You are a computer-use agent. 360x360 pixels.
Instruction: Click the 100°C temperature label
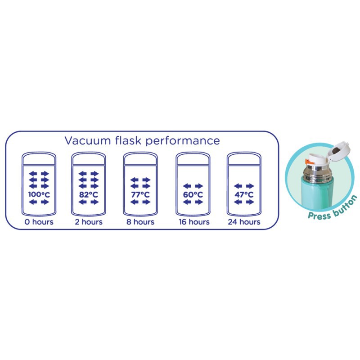39,195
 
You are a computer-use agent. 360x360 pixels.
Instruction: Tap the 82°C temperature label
88,195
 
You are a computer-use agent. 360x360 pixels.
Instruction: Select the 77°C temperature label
140,195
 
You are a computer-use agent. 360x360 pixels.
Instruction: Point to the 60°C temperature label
193,195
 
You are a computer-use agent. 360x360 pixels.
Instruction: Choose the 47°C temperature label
244,195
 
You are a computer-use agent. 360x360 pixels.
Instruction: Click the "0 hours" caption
39,222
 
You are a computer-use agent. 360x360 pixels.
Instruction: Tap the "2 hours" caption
88,222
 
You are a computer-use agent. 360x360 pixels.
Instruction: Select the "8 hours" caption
140,222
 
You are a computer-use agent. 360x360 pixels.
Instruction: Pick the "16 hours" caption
193,222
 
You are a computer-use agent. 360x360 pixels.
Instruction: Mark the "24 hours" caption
244,222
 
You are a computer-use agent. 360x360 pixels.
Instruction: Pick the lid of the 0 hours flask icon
39,159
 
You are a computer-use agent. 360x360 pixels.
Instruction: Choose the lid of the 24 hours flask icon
244,159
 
